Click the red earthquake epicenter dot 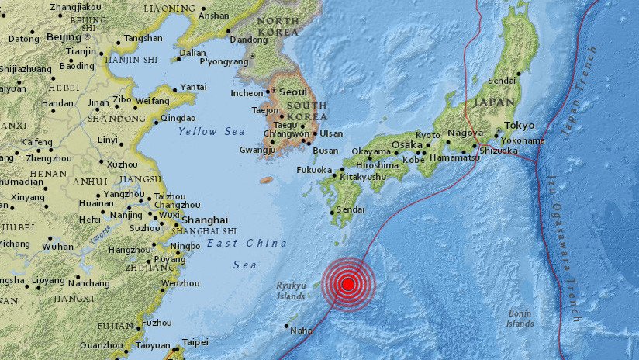coord(348,284)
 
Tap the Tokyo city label coord(520,125)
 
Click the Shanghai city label coord(206,220)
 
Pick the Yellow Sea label coord(212,132)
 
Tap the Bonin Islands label coord(520,318)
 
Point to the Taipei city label coord(195,342)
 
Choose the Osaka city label coord(406,145)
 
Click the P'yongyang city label coord(223,62)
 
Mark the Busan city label coord(325,151)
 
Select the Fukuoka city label coord(314,170)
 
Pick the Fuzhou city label coord(157,323)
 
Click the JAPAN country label coord(493,102)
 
